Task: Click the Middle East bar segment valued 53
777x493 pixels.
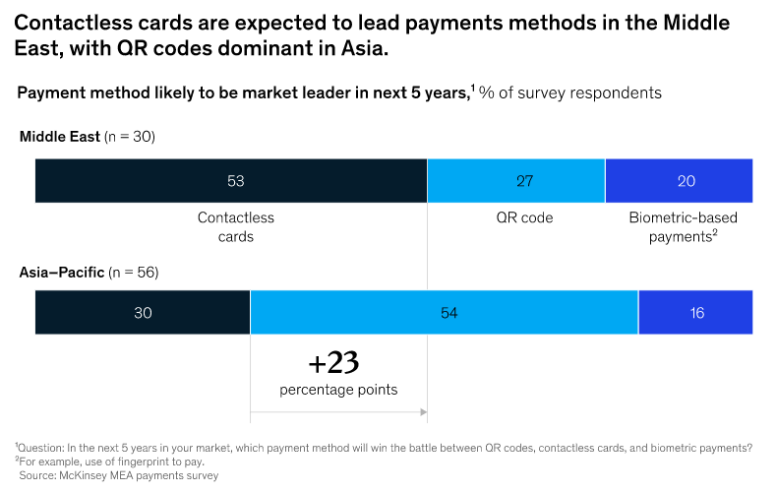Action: coord(231,181)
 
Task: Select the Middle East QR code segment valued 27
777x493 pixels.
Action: coord(515,181)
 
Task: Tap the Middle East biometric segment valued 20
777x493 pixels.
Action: coord(679,181)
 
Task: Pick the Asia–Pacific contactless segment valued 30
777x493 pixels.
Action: coord(143,313)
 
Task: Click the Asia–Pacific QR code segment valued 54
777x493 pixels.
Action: coord(445,313)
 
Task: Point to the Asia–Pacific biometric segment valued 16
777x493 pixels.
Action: coord(695,313)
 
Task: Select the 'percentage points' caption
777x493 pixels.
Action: coord(338,390)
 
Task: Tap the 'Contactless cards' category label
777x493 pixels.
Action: coord(235,227)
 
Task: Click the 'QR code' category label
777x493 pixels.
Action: coord(524,218)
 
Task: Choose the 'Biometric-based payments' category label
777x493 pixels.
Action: coord(683,227)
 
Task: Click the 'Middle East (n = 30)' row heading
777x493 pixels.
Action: coord(88,137)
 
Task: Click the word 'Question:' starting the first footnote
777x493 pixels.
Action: coord(44,448)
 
